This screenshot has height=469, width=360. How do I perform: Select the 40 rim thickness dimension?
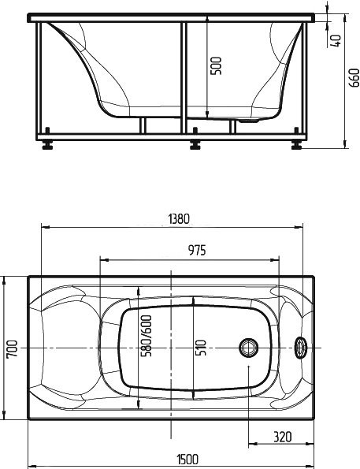336,39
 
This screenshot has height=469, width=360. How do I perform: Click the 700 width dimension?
11,348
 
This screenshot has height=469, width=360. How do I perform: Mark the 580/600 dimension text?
146,337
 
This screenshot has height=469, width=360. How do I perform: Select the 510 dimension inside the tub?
201,347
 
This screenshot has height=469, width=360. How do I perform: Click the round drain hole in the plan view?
249,348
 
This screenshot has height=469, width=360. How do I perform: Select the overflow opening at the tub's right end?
302,348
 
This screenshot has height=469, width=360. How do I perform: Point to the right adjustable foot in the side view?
297,145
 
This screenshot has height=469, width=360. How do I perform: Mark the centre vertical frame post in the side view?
183,79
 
